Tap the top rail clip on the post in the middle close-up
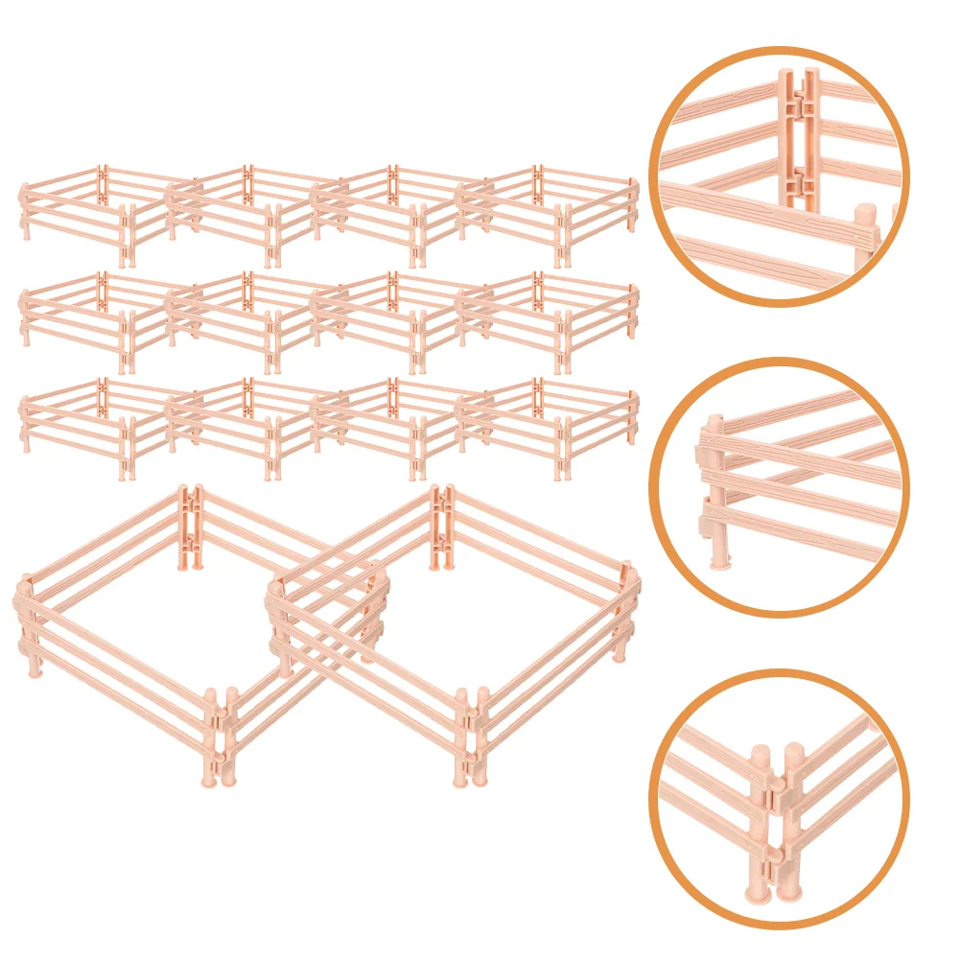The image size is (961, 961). click(712, 436)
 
